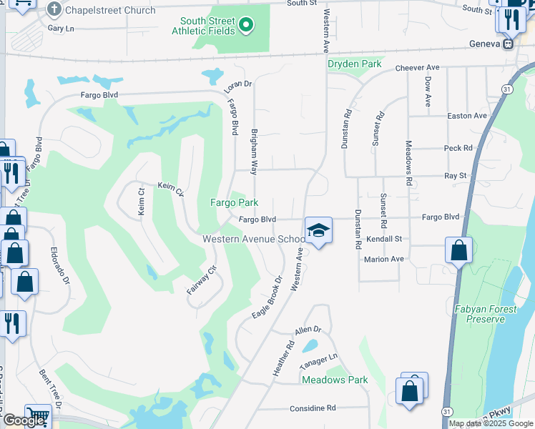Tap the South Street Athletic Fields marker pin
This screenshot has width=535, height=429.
coord(247,26)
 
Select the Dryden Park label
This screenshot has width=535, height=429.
coord(355,64)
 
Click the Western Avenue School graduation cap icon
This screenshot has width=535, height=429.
coord(318,230)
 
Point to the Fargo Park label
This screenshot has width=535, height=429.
coord(233,202)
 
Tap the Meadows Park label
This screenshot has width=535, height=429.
coord(335,380)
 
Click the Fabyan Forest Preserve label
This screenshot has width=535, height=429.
coord(480,314)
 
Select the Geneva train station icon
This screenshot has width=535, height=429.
coord(509,43)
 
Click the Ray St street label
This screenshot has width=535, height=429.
coord(455,175)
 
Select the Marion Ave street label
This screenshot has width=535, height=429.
coord(384,259)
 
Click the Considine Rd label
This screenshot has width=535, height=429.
coord(313,408)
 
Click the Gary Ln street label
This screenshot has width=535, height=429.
coord(61,28)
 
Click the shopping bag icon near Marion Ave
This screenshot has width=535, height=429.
coord(458,251)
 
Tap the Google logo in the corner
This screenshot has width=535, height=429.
coord(24,420)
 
